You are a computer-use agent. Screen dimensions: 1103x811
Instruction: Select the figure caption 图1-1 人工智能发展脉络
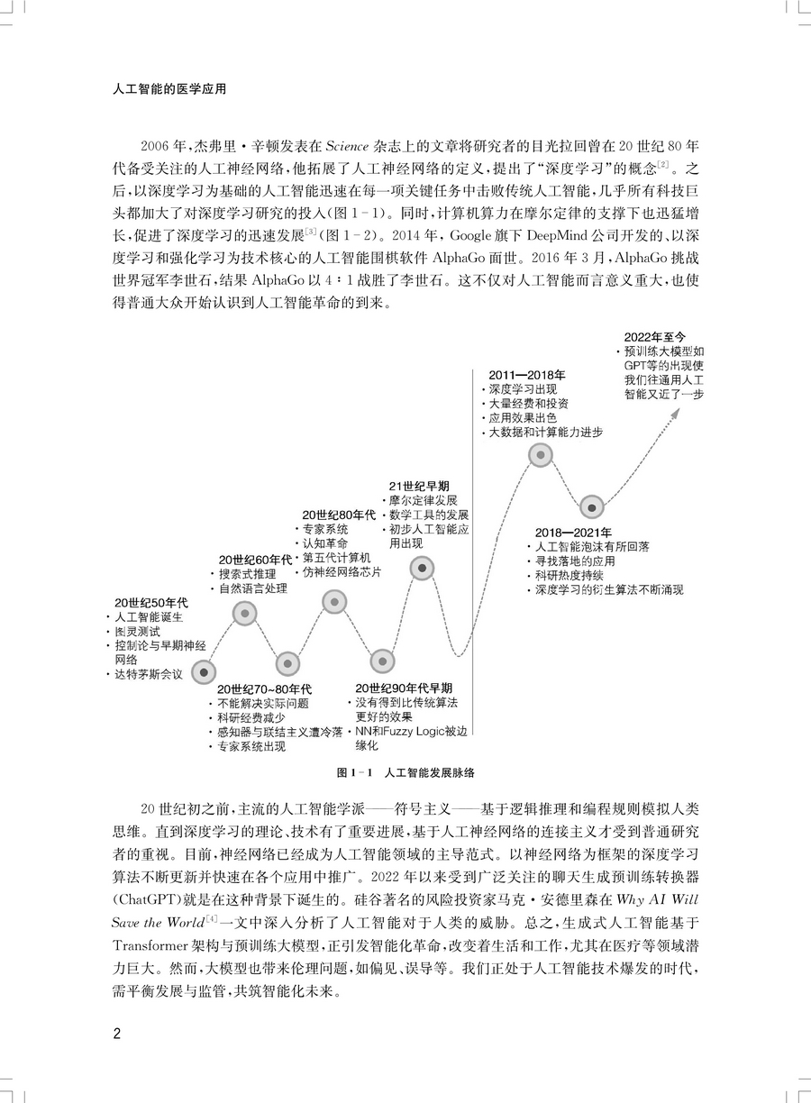405,773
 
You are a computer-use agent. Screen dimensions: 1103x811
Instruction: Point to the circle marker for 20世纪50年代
206,672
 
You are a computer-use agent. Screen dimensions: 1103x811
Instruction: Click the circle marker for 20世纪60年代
245,614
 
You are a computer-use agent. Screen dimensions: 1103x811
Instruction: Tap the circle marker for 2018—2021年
591,508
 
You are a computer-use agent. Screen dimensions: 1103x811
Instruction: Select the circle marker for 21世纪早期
422,568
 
